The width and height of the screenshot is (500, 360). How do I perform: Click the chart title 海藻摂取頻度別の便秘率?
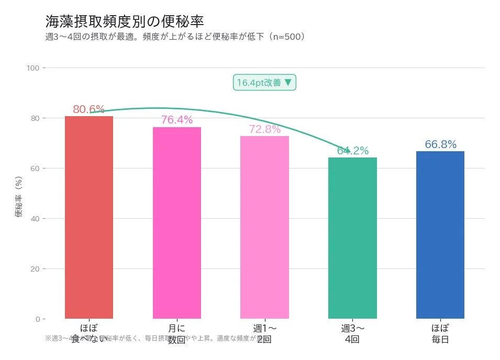click(x=125, y=21)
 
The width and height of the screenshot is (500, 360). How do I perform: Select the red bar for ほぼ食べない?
click(x=89, y=217)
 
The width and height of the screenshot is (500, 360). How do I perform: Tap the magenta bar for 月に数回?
click(x=176, y=222)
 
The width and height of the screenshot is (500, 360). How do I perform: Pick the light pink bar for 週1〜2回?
click(x=264, y=227)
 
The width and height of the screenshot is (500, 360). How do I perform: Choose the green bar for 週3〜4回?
click(x=352, y=238)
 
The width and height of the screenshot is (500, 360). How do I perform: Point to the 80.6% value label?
click(x=88, y=109)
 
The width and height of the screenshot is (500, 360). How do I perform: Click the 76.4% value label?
click(x=176, y=120)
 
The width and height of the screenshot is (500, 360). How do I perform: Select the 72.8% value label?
click(x=264, y=129)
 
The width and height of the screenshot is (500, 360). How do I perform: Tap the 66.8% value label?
click(x=440, y=144)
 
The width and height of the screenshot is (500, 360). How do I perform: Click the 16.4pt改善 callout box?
click(x=264, y=83)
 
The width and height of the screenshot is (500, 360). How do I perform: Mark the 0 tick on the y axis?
click(x=37, y=319)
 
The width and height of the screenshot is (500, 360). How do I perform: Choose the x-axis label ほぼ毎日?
click(x=440, y=334)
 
